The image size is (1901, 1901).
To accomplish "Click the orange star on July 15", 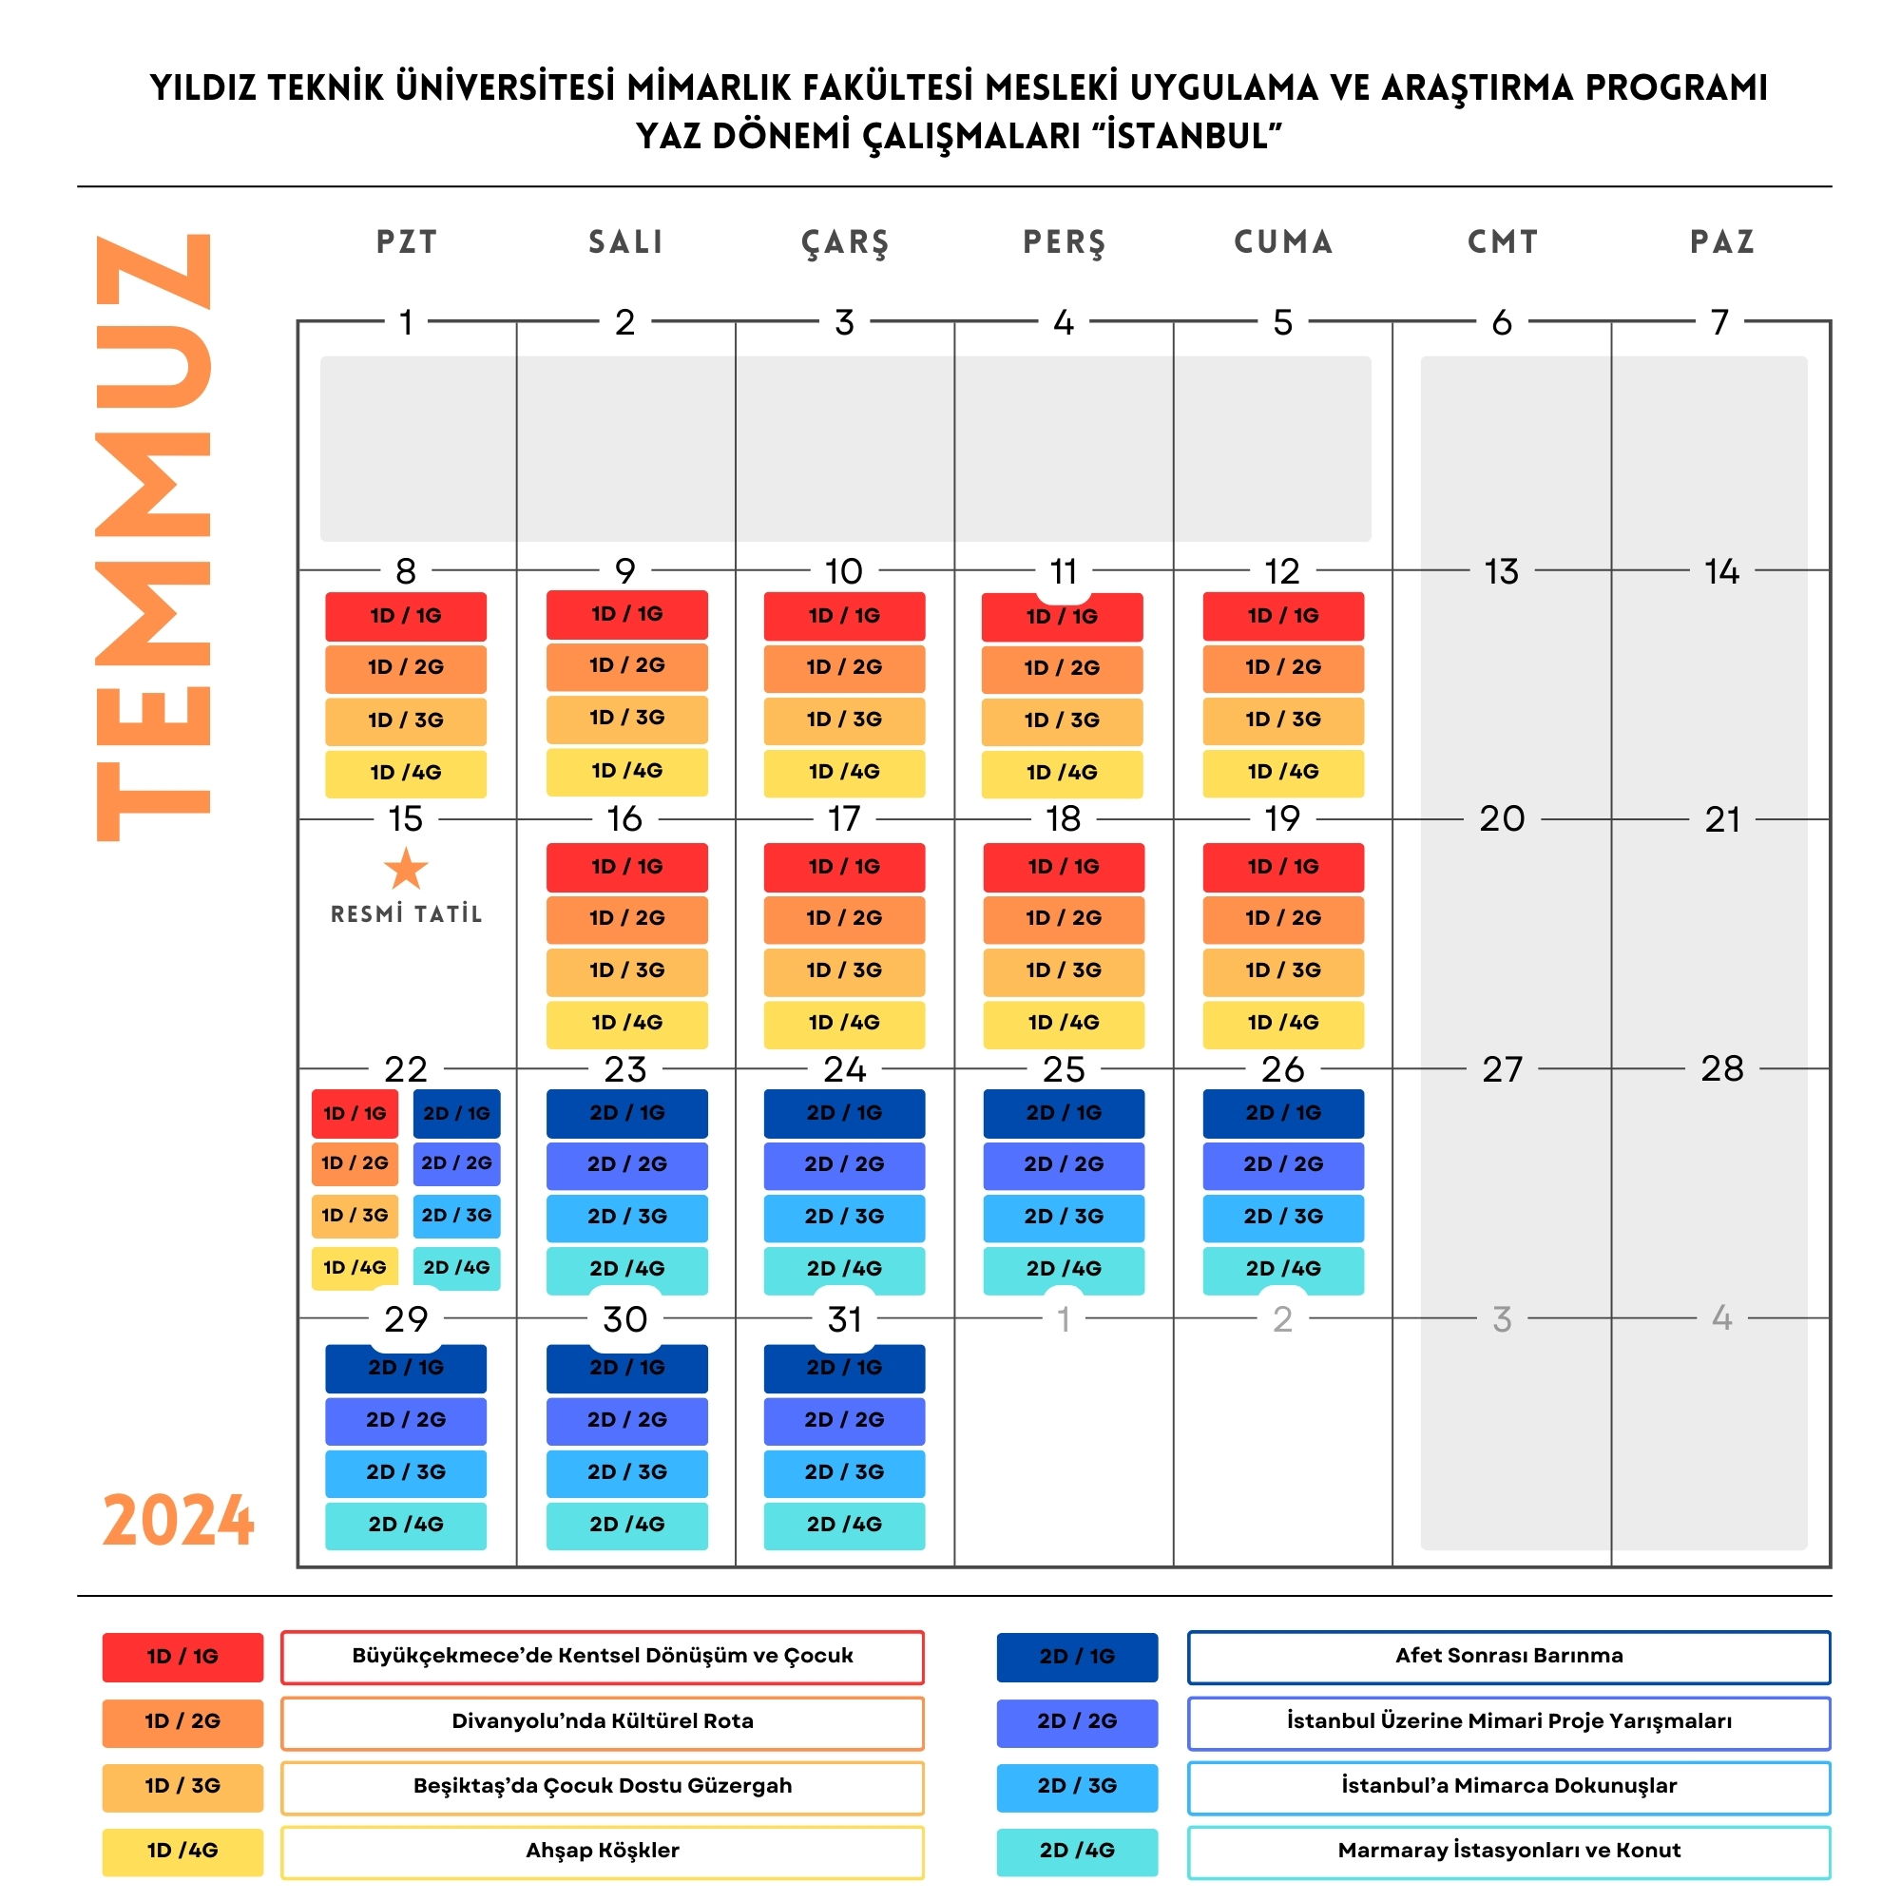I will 406,869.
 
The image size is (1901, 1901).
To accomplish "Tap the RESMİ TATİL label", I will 406,914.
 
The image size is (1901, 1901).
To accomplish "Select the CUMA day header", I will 1283,242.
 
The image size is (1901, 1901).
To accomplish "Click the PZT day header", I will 407,242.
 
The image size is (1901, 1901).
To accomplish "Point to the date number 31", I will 844,1319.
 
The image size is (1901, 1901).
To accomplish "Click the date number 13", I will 1502,571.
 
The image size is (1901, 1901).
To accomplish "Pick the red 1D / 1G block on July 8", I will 406,616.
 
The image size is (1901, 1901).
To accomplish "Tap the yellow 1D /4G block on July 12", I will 1283,773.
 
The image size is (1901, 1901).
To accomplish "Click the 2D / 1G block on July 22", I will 456,1114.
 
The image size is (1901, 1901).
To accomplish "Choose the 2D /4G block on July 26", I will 1283,1269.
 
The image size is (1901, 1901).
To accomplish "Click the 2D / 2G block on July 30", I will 626,1420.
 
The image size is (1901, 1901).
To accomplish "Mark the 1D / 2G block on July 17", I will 844,918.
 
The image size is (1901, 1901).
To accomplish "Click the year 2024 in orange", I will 179,1521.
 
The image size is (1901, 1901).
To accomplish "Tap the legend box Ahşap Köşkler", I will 603,1851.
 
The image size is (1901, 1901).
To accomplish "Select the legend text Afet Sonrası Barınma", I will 1508,1656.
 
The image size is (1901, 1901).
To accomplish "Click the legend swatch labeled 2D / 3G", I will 1077,1786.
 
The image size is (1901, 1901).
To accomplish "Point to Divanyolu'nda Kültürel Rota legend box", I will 603,1721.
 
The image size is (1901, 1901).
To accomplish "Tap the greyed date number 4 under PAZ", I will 1721,1317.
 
